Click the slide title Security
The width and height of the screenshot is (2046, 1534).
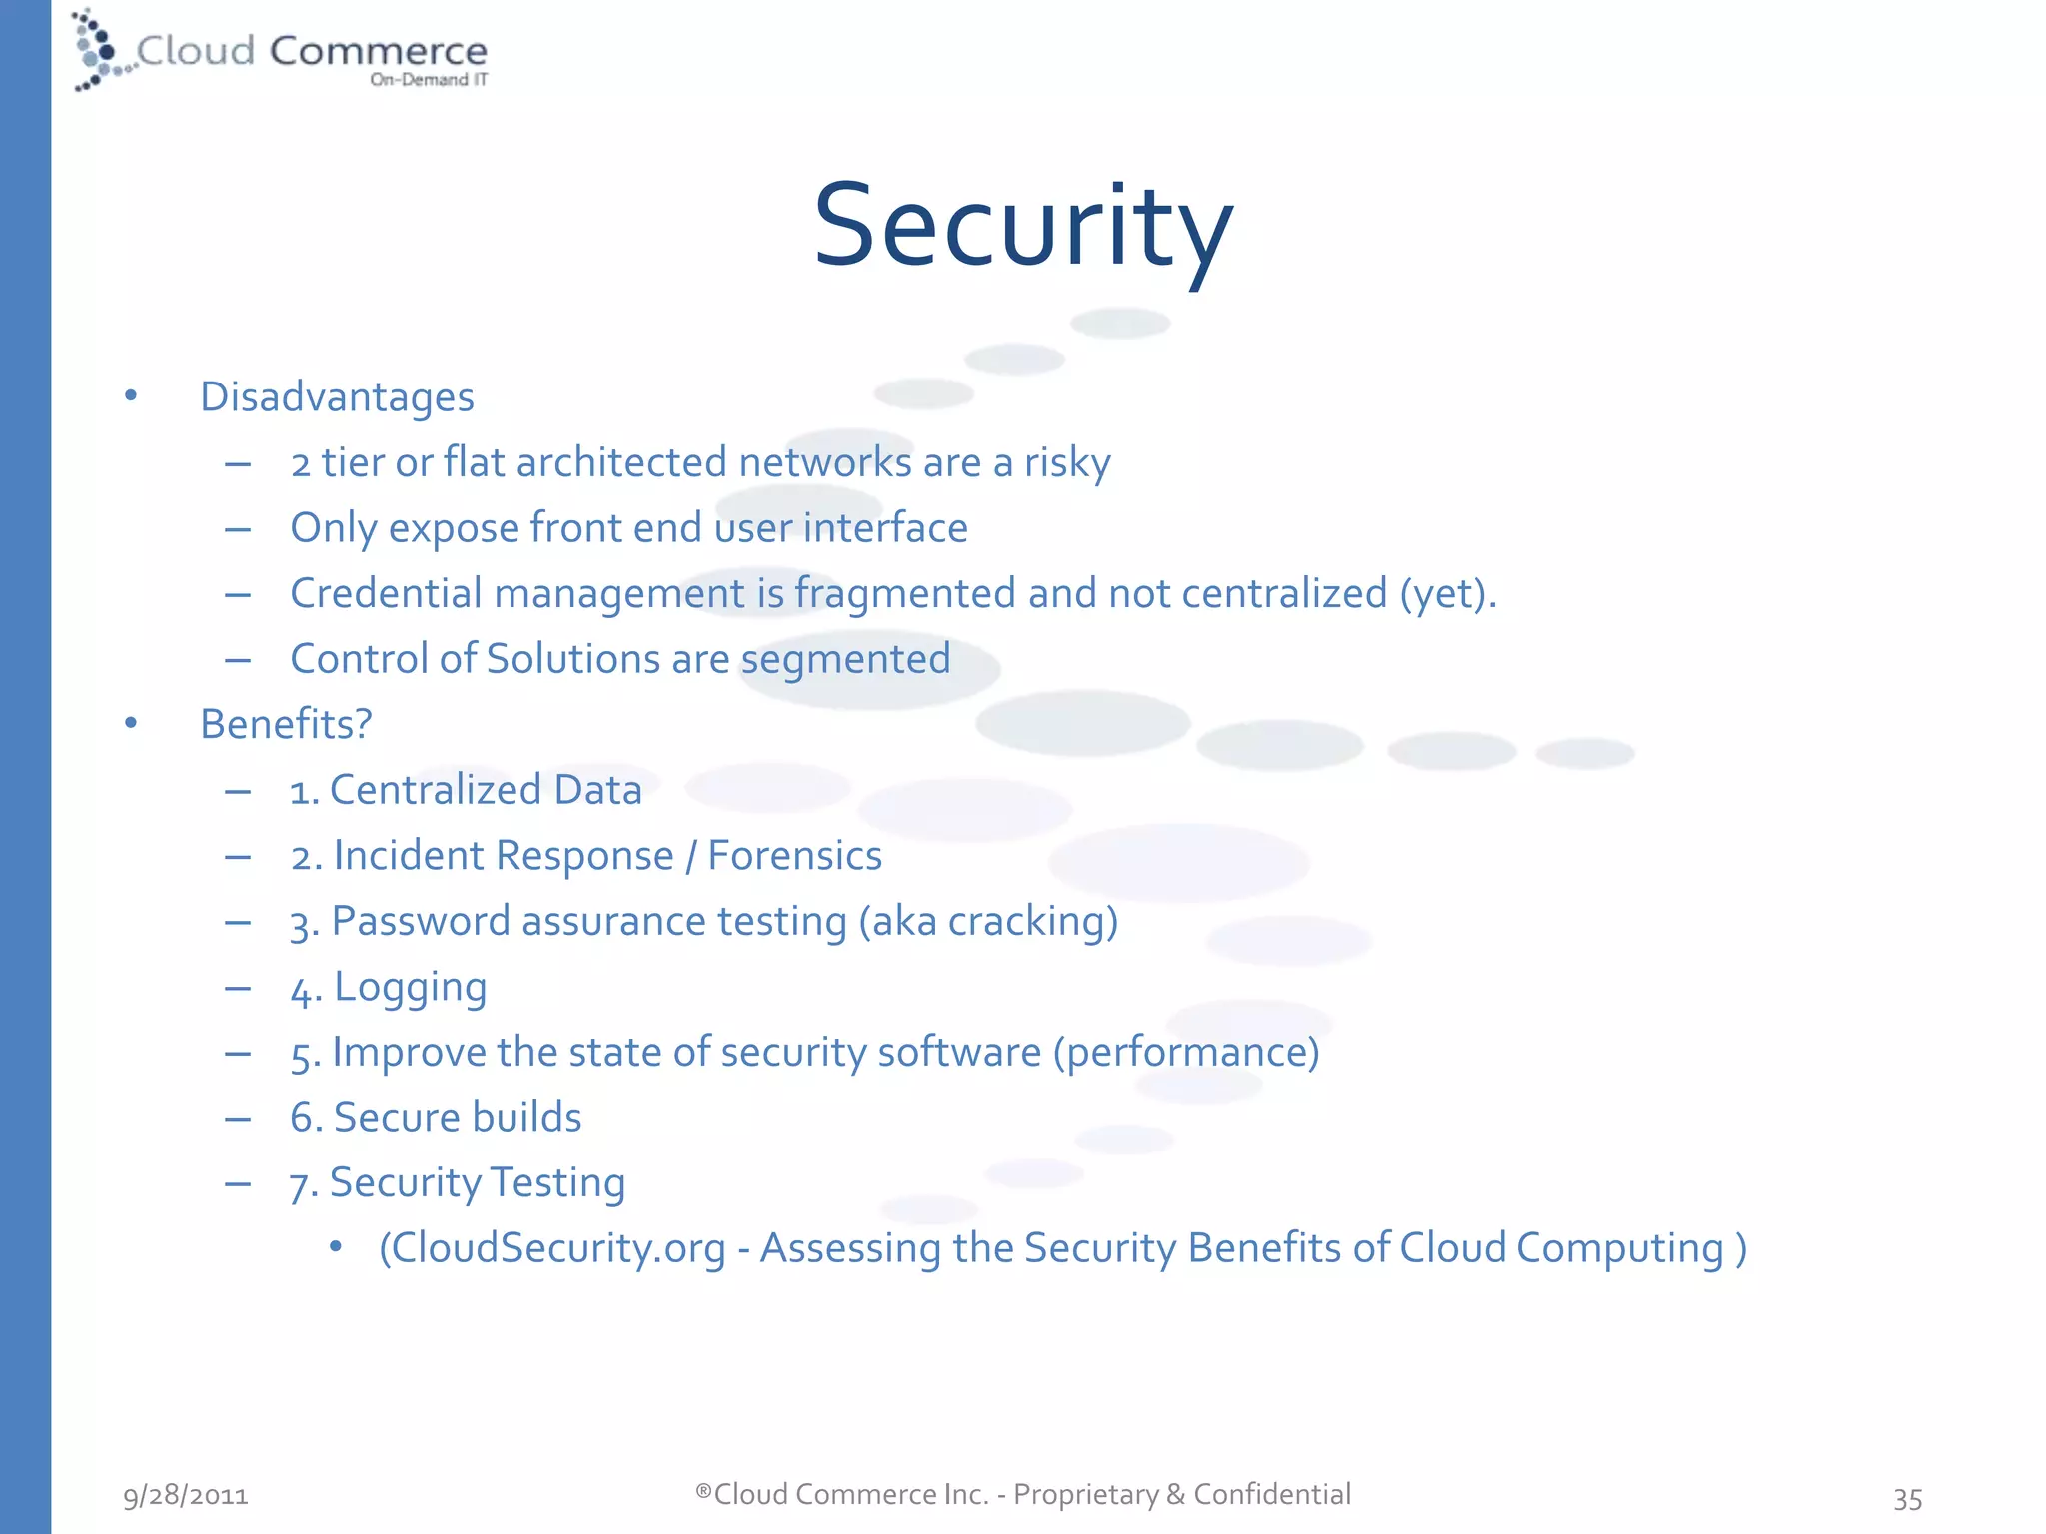(1023, 226)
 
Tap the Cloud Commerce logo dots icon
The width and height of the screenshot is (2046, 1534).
(98, 50)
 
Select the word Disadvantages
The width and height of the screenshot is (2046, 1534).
(337, 397)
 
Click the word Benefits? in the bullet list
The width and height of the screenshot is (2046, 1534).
(286, 724)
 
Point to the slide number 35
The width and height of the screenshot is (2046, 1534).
(1907, 1498)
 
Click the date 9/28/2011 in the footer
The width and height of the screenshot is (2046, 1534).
(186, 1495)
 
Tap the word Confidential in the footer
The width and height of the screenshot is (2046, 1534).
(1271, 1494)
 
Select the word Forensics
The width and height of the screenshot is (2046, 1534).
(794, 856)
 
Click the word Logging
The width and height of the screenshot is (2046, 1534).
(410, 988)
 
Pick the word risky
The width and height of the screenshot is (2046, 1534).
(1067, 463)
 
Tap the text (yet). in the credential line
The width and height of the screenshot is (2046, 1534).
(1447, 594)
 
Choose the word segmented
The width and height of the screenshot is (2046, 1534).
(845, 660)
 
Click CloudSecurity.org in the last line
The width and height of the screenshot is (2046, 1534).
(552, 1248)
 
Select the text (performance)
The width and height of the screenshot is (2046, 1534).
(1186, 1053)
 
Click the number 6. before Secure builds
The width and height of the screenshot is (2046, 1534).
(306, 1118)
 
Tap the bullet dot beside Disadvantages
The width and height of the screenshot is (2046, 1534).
(131, 396)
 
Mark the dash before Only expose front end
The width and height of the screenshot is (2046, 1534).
(238, 529)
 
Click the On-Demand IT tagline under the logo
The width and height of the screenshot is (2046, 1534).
(429, 80)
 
